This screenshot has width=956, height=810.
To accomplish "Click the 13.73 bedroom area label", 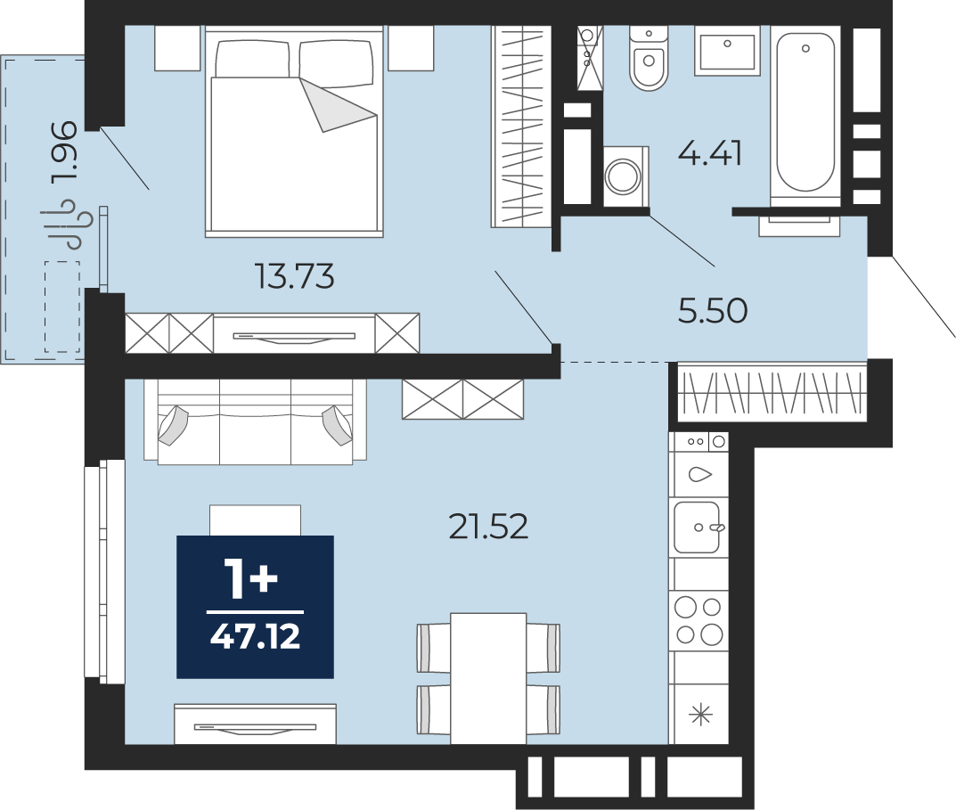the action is pos(295,276).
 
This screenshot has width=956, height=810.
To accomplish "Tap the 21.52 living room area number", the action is pos(488,527).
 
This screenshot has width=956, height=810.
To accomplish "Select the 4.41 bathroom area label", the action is pos(710,153).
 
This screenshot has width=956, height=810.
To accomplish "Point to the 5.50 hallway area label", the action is pos(713,310).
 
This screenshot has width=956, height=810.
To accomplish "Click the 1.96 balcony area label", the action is pos(65,151).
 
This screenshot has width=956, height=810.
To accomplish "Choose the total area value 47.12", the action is pos(255,637).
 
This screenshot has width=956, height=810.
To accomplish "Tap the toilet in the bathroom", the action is pos(649,58).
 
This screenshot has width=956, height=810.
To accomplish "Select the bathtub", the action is pos(805,113).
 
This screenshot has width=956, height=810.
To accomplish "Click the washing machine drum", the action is pos(623,176).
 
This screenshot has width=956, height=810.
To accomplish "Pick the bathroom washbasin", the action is pos(727,51).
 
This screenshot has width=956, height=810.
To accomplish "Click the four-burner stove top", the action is pos(699,621).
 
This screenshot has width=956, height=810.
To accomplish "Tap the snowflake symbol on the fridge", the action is pos(701,715).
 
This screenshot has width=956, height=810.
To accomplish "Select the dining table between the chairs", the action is pos(488,678).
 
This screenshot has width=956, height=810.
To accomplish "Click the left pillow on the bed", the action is pos(252,59).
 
